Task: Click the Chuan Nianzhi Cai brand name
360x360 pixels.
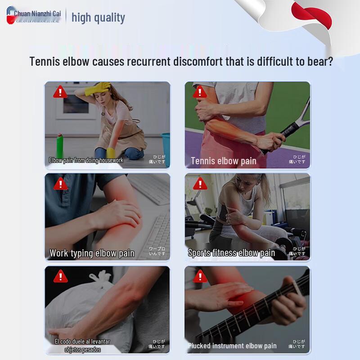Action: [37, 14]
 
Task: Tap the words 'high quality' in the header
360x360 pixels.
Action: [98, 18]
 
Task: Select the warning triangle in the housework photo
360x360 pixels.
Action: [60, 92]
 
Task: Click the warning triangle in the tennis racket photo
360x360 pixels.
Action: [199, 92]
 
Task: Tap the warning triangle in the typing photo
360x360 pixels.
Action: [60, 184]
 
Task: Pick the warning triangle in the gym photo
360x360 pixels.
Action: [199, 184]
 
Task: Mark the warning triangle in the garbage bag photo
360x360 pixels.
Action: [60, 276]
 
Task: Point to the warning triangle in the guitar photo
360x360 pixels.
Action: [199, 276]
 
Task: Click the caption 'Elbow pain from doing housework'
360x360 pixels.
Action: [86, 160]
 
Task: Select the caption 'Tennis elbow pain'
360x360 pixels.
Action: [224, 161]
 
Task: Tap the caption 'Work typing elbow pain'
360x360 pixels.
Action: [92, 253]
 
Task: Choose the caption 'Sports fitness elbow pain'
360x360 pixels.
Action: [231, 253]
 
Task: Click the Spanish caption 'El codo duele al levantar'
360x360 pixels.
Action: [82, 342]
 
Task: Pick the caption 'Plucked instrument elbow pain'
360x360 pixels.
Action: [233, 346]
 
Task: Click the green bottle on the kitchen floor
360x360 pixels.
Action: [59, 146]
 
